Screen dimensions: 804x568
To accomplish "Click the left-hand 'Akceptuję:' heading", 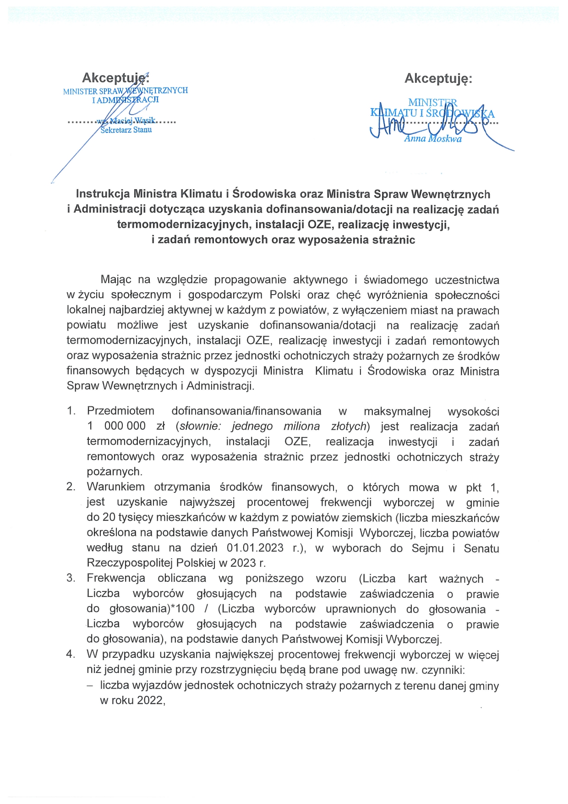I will pyautogui.click(x=115, y=77).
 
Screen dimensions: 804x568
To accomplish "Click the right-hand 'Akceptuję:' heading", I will pyautogui.click(x=438, y=78).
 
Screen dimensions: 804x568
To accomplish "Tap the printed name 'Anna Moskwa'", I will pyautogui.click(x=433, y=139).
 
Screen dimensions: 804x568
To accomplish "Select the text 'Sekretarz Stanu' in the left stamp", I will pyautogui.click(x=126, y=130).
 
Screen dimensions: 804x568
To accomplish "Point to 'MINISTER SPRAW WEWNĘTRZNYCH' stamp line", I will pyautogui.click(x=126, y=91).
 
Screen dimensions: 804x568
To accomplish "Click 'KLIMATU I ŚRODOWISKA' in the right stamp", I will pyautogui.click(x=432, y=114).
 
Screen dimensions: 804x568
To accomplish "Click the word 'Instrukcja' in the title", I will pyautogui.click(x=103, y=194).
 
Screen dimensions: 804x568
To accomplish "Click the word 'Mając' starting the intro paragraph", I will pyautogui.click(x=116, y=279).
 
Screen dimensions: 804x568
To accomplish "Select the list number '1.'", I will pyautogui.click(x=71, y=411).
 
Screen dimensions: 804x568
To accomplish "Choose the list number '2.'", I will pyautogui.click(x=71, y=487).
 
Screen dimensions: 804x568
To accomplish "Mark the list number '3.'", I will pyautogui.click(x=71, y=578).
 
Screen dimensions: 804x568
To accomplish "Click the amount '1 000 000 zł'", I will pyautogui.click(x=126, y=426).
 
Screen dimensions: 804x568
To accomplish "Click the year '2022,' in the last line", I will pyautogui.click(x=151, y=700).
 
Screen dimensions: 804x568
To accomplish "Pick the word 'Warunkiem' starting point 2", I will pyautogui.click(x=115, y=487).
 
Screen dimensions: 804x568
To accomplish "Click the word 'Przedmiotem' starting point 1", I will pyautogui.click(x=120, y=411).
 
